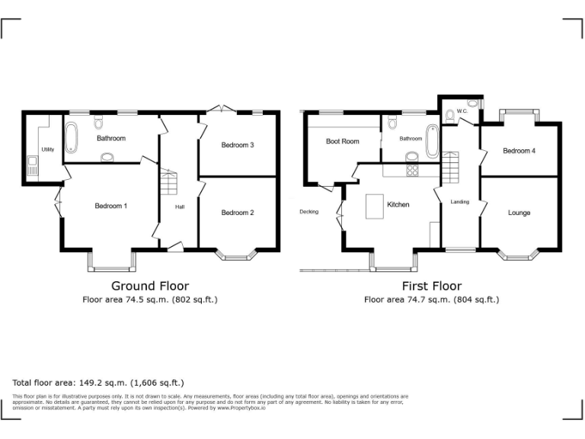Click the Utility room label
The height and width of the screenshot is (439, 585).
47,149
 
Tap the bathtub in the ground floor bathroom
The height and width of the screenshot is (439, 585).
72,138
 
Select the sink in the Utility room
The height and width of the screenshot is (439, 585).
33,164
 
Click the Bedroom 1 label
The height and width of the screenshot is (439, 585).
111,207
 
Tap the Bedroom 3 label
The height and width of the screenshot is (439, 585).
238,145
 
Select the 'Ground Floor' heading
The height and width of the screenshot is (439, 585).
150,286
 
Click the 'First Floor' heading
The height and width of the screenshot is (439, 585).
431,286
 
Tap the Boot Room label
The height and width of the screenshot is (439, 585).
342,141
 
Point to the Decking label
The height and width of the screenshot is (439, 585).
308,212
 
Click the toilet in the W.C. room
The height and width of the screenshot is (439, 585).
451,115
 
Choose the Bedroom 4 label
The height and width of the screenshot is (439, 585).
519,151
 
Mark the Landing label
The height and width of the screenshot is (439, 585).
460,202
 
